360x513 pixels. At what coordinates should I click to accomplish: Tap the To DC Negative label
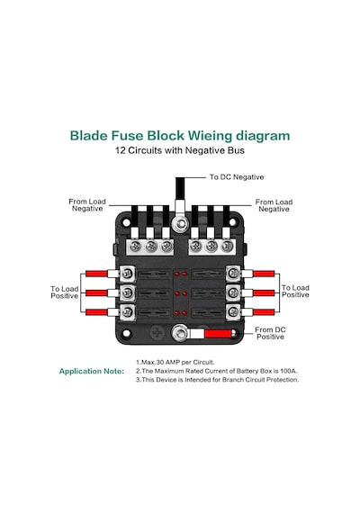[x=237, y=177]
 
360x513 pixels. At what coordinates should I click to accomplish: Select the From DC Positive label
[x=270, y=333]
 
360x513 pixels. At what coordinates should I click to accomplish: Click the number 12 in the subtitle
[x=120, y=150]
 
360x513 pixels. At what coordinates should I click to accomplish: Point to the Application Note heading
[x=92, y=371]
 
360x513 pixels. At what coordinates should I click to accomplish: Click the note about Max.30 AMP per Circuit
[x=175, y=362]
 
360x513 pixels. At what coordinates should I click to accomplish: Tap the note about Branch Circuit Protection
[x=217, y=380]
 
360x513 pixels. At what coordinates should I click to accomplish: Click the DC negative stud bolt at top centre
[x=180, y=224]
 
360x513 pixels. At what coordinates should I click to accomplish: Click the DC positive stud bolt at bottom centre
[x=180, y=333]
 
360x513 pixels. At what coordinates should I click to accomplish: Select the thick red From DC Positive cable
[x=220, y=333]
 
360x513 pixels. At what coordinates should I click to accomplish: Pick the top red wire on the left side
[x=96, y=274]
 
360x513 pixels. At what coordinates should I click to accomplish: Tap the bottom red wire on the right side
[x=264, y=312]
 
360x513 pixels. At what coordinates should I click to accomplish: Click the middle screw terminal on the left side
[x=127, y=292]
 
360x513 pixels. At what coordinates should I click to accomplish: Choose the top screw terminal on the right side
[x=233, y=273]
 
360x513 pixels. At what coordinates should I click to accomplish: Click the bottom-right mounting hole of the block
[x=233, y=334]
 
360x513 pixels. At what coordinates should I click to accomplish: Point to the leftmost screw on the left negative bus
[x=135, y=246]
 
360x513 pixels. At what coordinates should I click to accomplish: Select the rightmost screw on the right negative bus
[x=227, y=246]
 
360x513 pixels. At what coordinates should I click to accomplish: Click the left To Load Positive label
[x=65, y=292]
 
